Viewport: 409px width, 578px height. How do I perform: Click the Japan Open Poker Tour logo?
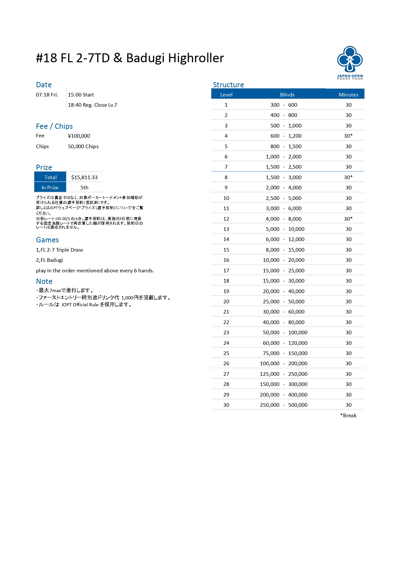point(350,62)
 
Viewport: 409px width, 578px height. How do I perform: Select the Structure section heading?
point(228,85)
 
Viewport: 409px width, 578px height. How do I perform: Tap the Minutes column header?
point(348,95)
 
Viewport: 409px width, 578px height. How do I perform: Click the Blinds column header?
point(287,95)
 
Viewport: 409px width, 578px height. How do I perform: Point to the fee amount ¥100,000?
point(79,136)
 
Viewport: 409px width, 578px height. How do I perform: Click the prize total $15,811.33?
point(84,177)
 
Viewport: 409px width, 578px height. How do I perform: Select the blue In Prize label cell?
point(50,187)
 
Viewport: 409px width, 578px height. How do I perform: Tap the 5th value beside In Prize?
point(84,187)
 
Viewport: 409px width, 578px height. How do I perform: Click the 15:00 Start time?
point(81,95)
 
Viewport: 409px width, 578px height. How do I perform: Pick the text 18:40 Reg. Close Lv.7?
point(92,105)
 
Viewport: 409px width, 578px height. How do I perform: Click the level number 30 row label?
point(226,405)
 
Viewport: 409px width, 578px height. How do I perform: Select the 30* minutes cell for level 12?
point(348,219)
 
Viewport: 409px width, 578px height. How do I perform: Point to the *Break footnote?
point(348,415)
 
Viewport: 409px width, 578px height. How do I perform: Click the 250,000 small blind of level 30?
point(269,405)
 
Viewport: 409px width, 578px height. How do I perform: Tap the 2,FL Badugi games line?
point(49,260)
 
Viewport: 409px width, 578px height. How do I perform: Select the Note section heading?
point(44,281)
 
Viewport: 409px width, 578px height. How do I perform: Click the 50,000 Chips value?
point(83,146)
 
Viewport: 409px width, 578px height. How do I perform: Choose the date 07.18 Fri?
point(47,95)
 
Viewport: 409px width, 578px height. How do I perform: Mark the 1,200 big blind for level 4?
point(295,136)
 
